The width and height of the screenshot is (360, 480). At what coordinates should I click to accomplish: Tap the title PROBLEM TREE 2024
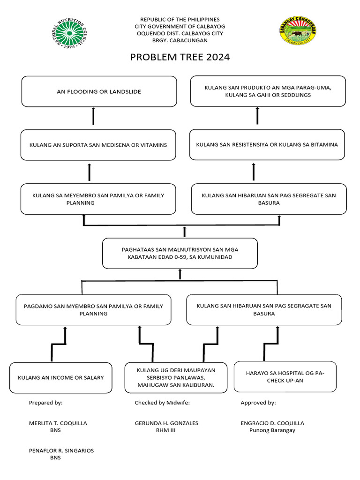180,58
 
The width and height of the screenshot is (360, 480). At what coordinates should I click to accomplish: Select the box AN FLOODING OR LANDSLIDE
99,91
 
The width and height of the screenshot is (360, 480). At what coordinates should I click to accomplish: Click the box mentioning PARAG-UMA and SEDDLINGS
268,91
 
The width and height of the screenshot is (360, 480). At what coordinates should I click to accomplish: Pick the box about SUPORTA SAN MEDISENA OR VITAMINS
98,145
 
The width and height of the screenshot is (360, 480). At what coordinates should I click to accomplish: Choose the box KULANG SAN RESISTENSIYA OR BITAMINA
267,145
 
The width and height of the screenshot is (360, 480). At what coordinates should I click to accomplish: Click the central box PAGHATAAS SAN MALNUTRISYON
180,253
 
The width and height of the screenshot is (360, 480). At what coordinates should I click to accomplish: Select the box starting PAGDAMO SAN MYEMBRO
93,310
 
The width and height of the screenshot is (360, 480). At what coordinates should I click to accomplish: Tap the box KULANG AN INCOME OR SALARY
61,377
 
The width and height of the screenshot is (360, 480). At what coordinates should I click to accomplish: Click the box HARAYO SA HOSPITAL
285,376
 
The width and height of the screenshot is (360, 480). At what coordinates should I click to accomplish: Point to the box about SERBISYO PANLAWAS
176,377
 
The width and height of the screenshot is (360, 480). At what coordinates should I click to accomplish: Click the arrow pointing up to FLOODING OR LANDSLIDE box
93,115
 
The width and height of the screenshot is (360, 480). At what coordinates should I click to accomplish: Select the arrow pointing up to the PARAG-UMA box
257,115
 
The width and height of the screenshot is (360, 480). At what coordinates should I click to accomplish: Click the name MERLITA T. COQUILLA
58,423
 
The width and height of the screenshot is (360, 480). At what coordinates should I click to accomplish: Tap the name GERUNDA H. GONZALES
166,423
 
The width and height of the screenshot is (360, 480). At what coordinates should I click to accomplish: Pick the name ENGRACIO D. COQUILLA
272,423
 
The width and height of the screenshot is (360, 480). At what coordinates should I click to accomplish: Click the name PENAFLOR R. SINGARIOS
61,450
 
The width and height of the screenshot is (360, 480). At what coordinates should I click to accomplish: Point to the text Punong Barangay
272,430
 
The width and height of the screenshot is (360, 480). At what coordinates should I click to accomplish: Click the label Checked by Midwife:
162,403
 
